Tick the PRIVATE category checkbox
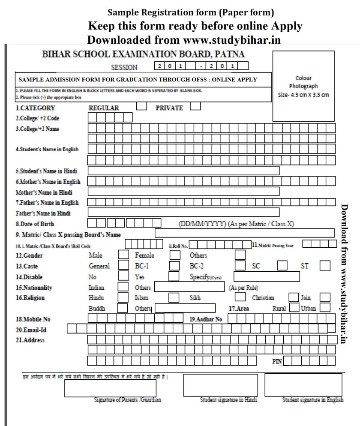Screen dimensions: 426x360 click(x=195, y=106)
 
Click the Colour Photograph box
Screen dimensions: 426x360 click(x=303, y=86)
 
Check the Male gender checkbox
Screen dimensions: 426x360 click(x=123, y=255)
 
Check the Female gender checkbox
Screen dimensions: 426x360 click(x=174, y=255)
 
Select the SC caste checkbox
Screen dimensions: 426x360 click(x=282, y=266)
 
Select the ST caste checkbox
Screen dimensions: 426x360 click(x=325, y=266)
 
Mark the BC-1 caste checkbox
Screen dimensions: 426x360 click(x=174, y=266)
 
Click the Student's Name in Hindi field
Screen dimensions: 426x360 click(x=183, y=171)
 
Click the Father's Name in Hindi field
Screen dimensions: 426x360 click(x=183, y=212)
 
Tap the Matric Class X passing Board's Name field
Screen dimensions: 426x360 click(x=244, y=233)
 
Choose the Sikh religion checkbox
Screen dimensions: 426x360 click(x=240, y=297)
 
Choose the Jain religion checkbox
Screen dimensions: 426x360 click(x=325, y=297)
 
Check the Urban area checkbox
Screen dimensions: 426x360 click(x=325, y=307)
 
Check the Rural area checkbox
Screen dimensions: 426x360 click(x=294, y=307)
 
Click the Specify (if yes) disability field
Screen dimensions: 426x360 click(x=267, y=276)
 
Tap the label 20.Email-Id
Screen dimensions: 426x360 click(x=31, y=329)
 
